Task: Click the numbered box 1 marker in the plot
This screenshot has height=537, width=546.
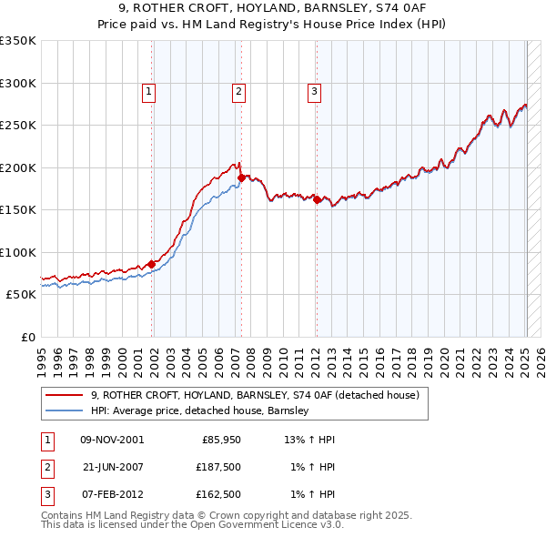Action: click(x=148, y=91)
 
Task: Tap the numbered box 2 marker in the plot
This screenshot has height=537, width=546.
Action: click(x=238, y=91)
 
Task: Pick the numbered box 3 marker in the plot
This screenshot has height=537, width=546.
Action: click(x=314, y=91)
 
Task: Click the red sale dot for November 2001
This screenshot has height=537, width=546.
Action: click(x=152, y=265)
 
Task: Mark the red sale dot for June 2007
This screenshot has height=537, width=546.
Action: click(x=241, y=178)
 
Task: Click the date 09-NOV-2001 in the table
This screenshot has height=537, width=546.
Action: click(x=112, y=439)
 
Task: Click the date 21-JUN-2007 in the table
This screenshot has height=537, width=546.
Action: click(x=112, y=467)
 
